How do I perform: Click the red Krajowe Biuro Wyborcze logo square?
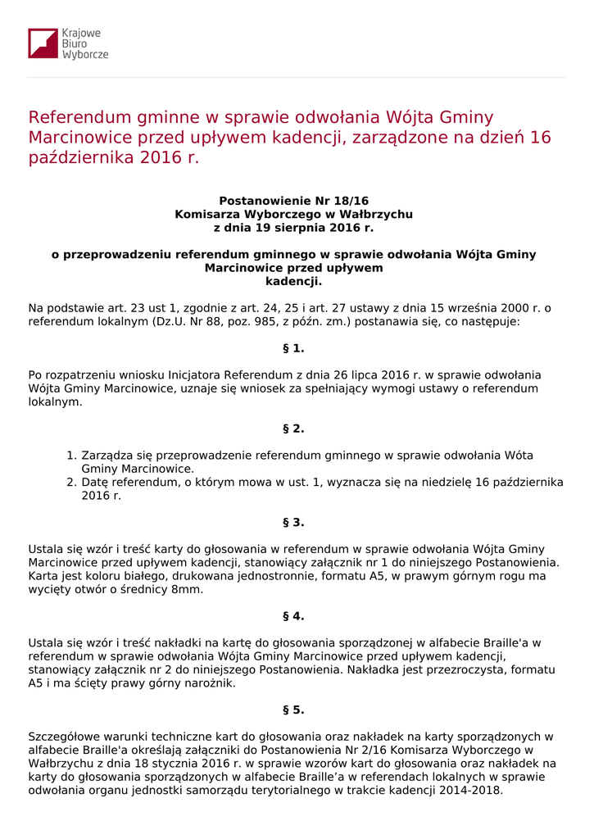pyautogui.click(x=43, y=43)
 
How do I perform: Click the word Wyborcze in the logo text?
pyautogui.click(x=85, y=55)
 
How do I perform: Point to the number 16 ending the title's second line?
pyautogui.click(x=541, y=138)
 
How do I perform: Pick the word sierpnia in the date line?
pyautogui.click(x=286, y=228)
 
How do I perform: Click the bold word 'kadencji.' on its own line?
pyautogui.click(x=293, y=281)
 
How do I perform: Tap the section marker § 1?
pyautogui.click(x=293, y=348)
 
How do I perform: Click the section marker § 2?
pyautogui.click(x=293, y=429)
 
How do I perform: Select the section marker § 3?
pyautogui.click(x=293, y=522)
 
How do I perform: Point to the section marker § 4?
pyautogui.click(x=293, y=616)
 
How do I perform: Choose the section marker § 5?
pyautogui.click(x=293, y=710)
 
